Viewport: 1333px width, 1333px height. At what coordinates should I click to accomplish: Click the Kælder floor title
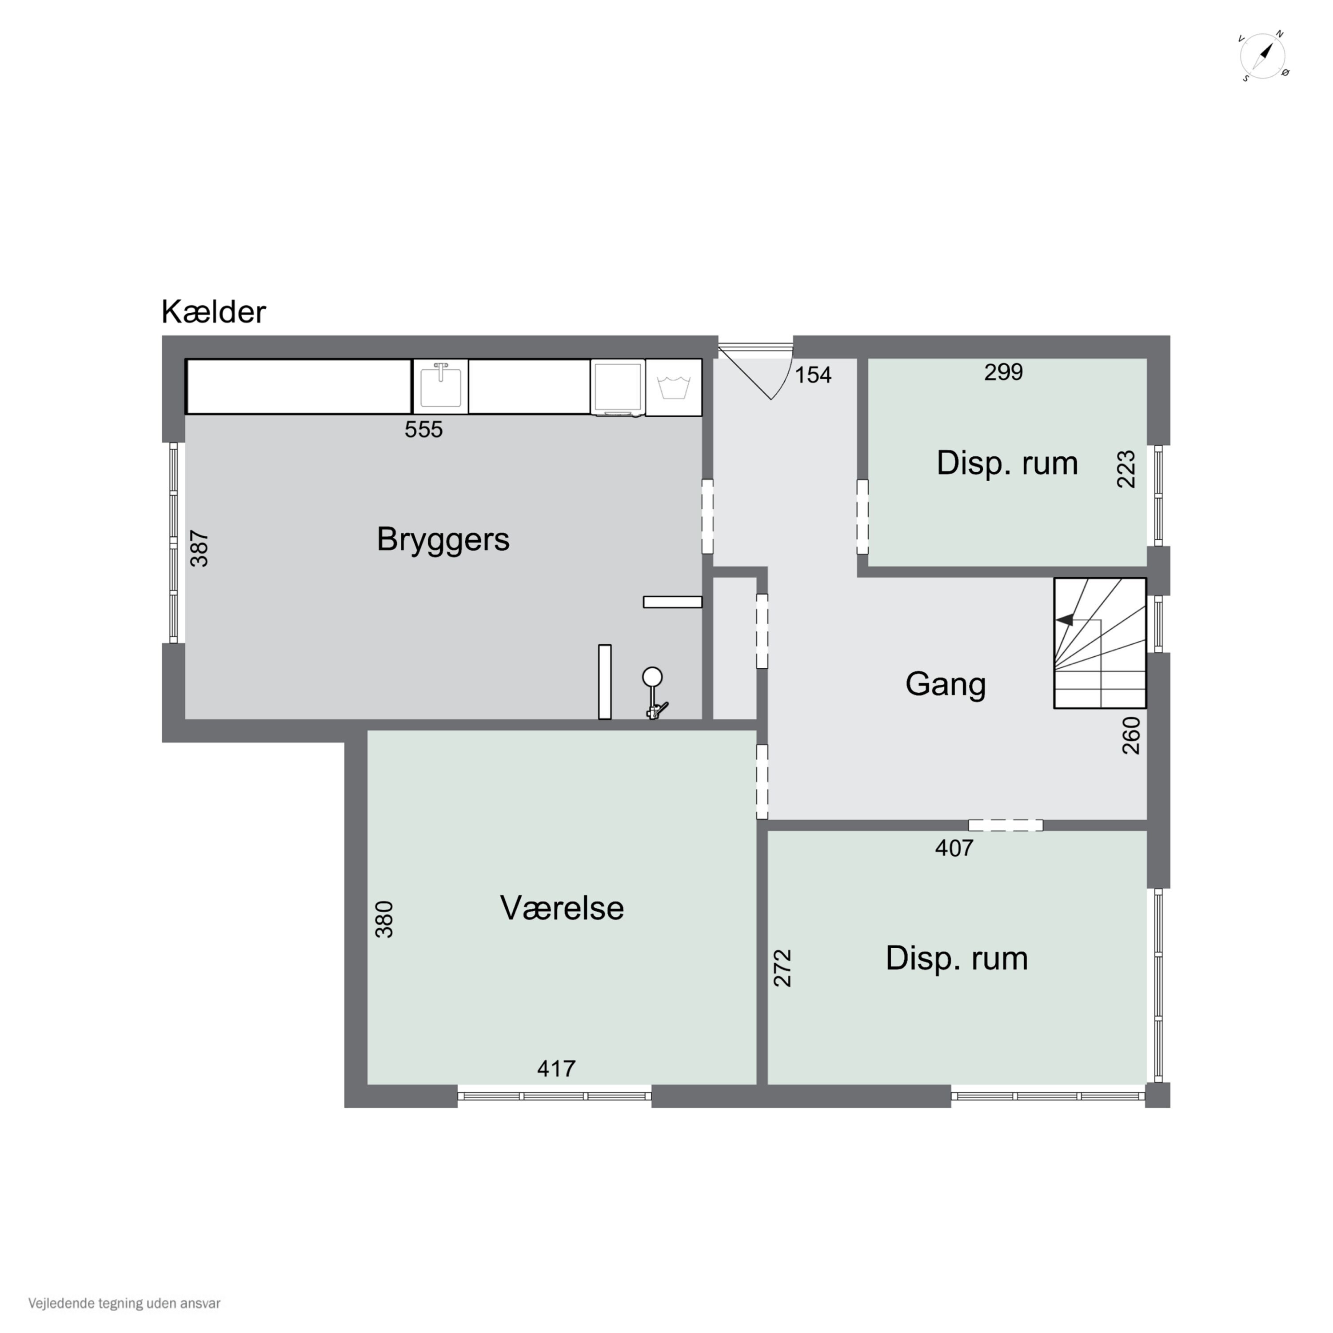[213, 312]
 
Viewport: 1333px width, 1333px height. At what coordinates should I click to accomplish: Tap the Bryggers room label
[443, 539]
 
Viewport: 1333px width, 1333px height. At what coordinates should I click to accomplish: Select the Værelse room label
[562, 908]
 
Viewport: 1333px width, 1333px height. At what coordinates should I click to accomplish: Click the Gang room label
[945, 684]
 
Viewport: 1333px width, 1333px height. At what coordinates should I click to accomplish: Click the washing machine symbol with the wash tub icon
[674, 387]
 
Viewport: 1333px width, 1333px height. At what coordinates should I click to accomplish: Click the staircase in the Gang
[1099, 643]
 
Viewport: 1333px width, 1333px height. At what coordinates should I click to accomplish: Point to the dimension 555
[423, 430]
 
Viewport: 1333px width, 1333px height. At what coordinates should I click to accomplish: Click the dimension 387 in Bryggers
[200, 548]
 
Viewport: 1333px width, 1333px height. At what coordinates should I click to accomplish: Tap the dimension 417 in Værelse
[556, 1069]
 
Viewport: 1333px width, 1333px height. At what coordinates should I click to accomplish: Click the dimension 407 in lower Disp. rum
[954, 848]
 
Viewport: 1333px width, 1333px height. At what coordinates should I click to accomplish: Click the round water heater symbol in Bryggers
[652, 677]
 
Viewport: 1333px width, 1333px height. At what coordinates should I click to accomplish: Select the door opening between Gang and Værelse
[762, 781]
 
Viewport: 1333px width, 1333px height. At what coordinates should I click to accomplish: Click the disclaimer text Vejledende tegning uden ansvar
[124, 1303]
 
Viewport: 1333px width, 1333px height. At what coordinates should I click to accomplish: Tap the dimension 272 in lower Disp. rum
[782, 968]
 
